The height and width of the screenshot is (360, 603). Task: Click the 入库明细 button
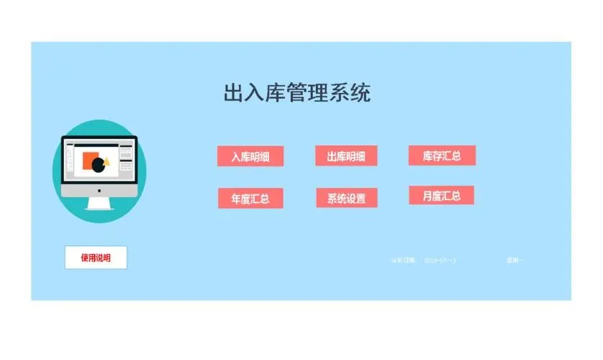click(x=250, y=156)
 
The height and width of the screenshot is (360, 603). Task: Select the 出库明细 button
click(x=346, y=156)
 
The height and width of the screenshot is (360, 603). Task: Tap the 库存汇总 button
click(x=442, y=155)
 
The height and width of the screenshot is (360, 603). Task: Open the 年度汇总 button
click(x=250, y=198)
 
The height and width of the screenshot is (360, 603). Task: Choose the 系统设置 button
click(x=346, y=198)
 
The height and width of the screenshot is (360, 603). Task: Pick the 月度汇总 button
click(x=441, y=195)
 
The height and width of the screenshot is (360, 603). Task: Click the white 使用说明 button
click(x=96, y=258)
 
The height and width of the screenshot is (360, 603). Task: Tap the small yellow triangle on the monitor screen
click(x=106, y=161)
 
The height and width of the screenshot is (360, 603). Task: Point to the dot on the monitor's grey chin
click(x=99, y=192)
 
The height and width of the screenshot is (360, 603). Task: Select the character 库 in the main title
click(x=276, y=93)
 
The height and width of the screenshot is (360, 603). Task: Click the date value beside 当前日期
click(x=440, y=260)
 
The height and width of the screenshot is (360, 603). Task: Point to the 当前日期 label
click(x=402, y=260)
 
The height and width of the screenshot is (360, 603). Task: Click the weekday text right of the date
click(x=515, y=260)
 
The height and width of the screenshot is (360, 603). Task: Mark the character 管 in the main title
click(x=297, y=93)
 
